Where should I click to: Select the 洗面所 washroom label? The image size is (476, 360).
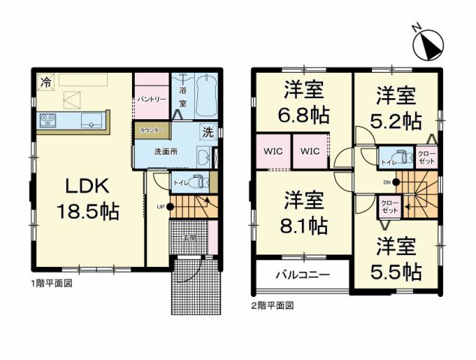click(166, 151)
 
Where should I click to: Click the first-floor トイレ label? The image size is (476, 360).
click(181, 181)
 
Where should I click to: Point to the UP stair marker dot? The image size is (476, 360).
click(170, 206)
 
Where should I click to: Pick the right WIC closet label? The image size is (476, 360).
click(311, 151)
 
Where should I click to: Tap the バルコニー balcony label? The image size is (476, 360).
click(302, 274)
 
